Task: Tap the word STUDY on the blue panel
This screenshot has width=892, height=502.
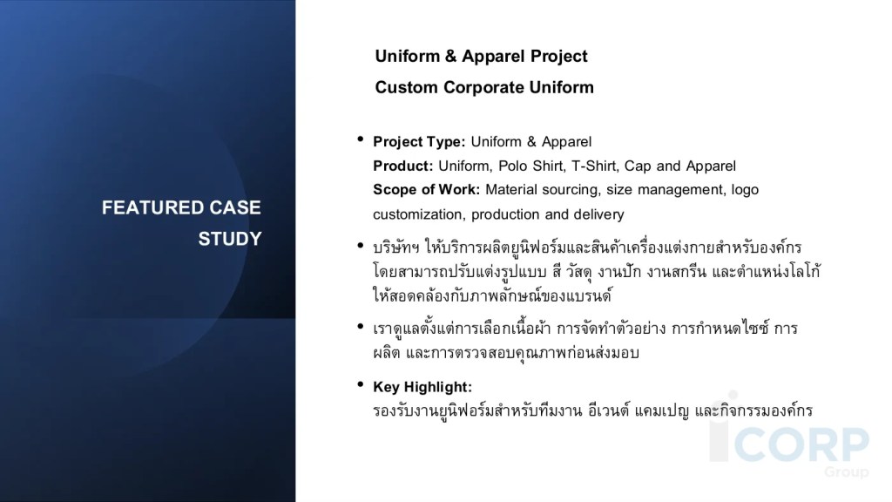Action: (x=230, y=239)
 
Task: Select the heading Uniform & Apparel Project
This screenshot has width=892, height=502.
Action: (x=481, y=57)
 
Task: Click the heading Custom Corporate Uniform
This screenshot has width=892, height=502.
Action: (x=484, y=88)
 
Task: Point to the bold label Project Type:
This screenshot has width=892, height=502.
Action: (x=419, y=142)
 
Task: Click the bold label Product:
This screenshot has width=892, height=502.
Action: (x=402, y=166)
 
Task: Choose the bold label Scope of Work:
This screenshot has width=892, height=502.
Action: (x=426, y=189)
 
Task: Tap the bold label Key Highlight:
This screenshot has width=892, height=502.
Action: (x=422, y=387)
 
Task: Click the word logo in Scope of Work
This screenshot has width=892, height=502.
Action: (x=745, y=190)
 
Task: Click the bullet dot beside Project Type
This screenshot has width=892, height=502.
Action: (x=360, y=139)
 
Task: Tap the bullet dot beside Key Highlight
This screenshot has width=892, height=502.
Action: (x=360, y=384)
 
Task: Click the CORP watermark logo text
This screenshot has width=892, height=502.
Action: (x=801, y=444)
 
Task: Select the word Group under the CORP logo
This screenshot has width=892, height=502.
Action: (x=847, y=471)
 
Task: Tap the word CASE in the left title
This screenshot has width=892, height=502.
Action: (x=235, y=207)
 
